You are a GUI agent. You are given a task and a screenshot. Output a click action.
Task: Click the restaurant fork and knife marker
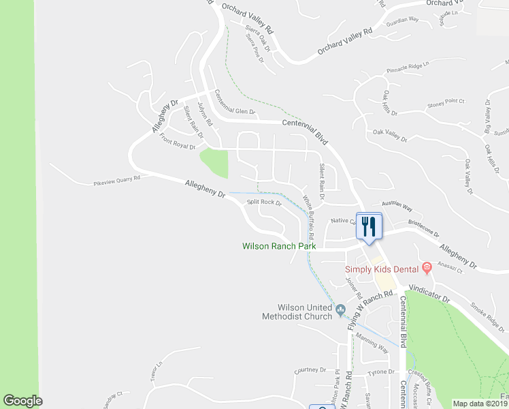coord(369,226)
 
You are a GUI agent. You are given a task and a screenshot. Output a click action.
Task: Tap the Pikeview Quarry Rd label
coord(116,180)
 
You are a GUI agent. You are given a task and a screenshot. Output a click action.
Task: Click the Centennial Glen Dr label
coord(234,102)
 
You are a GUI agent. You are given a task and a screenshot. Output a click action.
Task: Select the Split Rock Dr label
coord(264,202)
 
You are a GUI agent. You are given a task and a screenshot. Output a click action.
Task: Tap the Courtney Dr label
coord(310,370)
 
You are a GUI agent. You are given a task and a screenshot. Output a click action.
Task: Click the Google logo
coord(22,401)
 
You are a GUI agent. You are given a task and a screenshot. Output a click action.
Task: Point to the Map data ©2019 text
coord(480,404)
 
